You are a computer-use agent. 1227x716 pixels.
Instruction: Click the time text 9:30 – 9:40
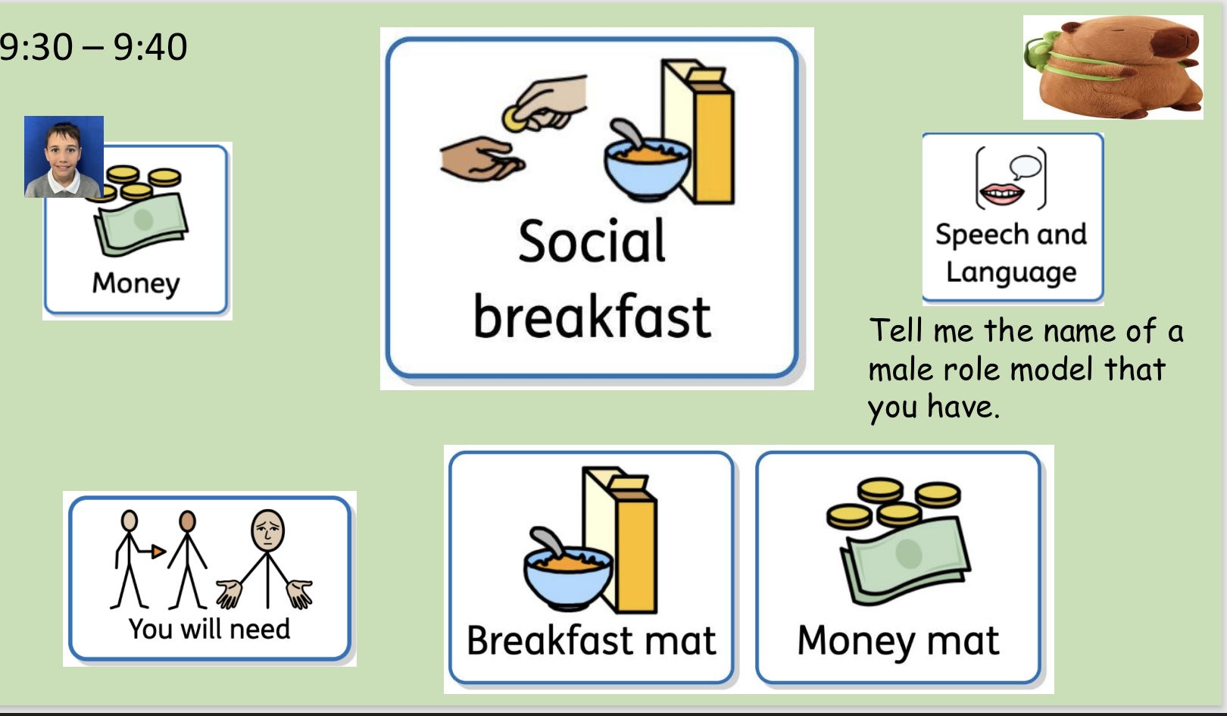[93, 46]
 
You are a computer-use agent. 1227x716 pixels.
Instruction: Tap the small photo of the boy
[64, 156]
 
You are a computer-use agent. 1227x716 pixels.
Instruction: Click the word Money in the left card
[136, 284]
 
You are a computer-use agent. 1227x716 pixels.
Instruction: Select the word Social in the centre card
[592, 241]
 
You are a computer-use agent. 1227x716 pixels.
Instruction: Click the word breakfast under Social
[592, 316]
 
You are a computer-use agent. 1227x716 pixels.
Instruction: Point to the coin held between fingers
[514, 118]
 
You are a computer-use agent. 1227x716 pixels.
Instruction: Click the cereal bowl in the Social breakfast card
[647, 164]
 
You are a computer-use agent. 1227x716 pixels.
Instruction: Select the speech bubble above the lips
[1025, 167]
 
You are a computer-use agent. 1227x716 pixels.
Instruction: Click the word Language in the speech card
[1011, 272]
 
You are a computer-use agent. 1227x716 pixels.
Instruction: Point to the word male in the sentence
[901, 369]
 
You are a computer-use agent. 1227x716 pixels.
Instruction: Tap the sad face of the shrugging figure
[267, 530]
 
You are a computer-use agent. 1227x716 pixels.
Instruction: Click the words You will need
[209, 628]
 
